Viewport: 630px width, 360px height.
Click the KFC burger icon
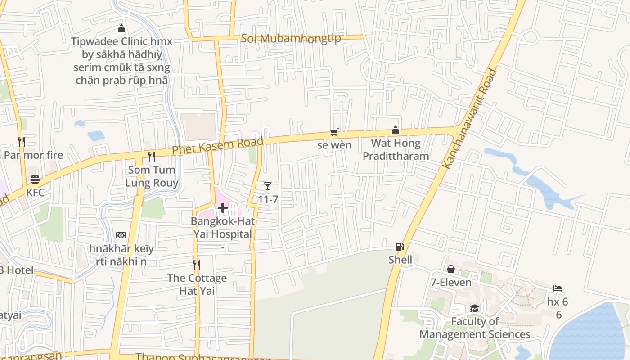pos(35,180)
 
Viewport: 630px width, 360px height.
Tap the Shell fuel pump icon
pos(400,247)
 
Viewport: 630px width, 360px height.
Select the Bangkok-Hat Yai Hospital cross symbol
pos(222,208)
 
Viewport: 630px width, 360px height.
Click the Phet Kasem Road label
pos(218,146)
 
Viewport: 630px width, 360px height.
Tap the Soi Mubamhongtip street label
pos(291,38)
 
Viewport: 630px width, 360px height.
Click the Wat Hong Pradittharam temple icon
pos(396,130)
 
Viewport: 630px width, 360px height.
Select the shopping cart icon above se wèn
pos(334,132)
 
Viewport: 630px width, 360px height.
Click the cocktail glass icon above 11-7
pos(268,186)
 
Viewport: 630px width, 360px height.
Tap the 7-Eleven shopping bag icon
pos(450,269)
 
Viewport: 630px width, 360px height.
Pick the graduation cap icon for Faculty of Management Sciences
pos(474,308)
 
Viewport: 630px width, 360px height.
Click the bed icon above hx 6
pos(558,288)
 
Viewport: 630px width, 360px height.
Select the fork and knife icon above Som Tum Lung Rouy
pos(152,156)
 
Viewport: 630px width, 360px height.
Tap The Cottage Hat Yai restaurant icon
pos(197,265)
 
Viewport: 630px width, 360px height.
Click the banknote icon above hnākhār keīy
pos(121,235)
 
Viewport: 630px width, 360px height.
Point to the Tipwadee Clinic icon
pos(121,29)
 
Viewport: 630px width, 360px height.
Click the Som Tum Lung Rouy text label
pos(152,176)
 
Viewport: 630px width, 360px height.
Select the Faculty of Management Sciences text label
pos(475,328)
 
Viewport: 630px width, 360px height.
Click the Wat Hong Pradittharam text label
pos(396,150)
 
